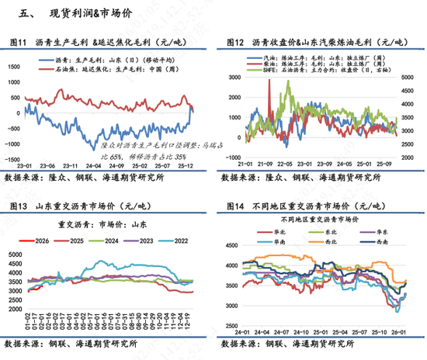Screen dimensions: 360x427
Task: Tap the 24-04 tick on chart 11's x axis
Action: click(x=95, y=165)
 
